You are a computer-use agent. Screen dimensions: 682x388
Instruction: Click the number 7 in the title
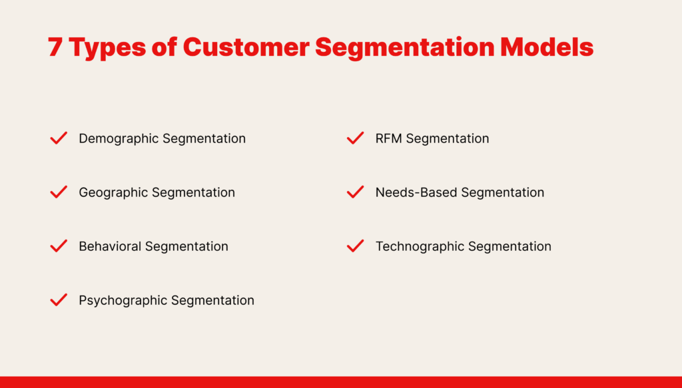point(55,47)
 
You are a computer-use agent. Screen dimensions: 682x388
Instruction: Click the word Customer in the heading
point(246,47)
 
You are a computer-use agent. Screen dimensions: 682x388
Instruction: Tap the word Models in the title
point(547,47)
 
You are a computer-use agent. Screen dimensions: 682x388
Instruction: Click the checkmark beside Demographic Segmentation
point(59,138)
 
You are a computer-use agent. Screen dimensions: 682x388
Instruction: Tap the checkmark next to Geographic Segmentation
point(59,192)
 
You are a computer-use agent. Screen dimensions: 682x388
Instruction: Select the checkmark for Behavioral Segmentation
point(59,246)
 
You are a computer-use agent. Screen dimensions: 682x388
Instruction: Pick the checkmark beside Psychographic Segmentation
point(59,299)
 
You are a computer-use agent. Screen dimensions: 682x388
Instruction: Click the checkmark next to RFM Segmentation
point(356,138)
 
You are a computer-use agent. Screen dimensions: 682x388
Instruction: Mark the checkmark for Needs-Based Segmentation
point(356,192)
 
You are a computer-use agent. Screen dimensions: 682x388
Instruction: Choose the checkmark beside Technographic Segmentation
point(356,246)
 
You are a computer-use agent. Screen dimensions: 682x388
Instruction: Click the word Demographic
point(119,138)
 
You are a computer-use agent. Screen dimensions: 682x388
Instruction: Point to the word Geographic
point(113,192)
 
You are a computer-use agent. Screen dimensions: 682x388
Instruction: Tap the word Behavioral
point(110,246)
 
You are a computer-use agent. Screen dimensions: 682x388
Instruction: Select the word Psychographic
point(123,301)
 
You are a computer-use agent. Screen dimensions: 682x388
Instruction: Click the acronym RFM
point(389,138)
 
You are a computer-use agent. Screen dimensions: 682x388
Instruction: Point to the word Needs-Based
point(416,192)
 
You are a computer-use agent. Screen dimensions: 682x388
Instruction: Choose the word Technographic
point(420,246)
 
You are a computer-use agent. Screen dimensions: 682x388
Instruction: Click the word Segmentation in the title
point(404,48)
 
